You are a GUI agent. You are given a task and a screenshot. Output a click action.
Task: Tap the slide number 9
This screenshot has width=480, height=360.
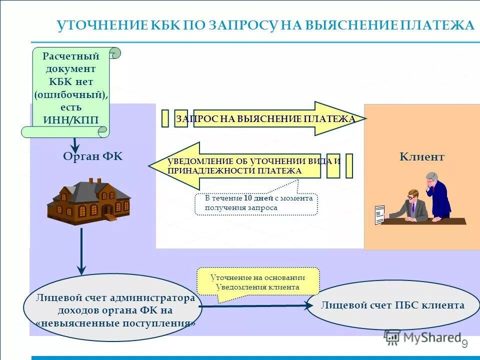click(464, 344)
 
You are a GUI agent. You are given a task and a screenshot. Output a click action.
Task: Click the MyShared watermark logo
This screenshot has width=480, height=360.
click(423, 337)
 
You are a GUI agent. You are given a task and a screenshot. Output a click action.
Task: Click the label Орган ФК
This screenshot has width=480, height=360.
click(92, 156)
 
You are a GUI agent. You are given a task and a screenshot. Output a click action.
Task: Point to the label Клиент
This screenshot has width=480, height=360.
click(421, 157)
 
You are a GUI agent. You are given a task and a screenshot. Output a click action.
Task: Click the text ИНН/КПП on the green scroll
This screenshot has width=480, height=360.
click(71, 120)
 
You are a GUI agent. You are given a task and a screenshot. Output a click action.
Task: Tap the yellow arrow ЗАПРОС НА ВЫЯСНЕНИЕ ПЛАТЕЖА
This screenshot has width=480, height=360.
click(270, 119)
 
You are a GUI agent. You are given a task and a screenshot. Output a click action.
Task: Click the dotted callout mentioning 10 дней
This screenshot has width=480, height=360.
click(256, 203)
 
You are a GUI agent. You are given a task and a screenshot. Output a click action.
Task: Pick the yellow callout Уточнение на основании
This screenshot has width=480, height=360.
click(257, 282)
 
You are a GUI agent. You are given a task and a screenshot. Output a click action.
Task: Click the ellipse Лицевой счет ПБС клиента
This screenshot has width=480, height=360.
click(392, 305)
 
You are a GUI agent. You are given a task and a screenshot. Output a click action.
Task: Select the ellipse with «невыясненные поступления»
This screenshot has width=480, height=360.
click(112, 310)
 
